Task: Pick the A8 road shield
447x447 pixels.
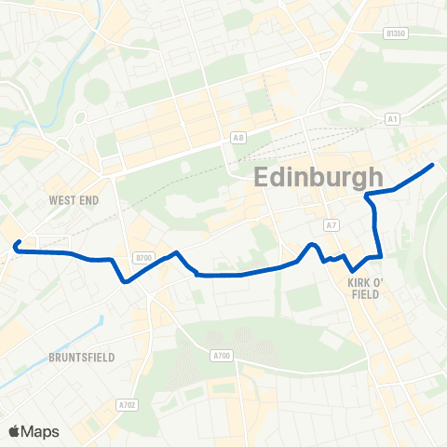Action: [239, 139]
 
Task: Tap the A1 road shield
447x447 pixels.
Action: [392, 118]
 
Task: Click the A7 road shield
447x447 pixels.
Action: [332, 225]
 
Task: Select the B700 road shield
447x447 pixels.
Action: [142, 257]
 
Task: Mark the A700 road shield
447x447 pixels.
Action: [221, 355]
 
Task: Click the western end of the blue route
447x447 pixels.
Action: [16, 245]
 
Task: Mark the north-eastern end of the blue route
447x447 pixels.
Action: [434, 165]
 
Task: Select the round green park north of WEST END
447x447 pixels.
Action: [96, 91]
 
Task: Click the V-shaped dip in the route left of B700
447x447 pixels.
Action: [125, 280]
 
